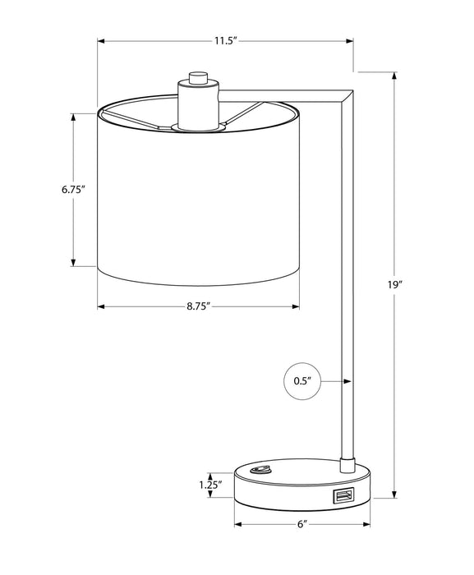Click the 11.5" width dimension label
pos(227,41)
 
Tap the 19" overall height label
pos(395,284)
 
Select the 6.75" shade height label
pos(73,190)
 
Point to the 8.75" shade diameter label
pos(199,306)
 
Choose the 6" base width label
pos(302,524)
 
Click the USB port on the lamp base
pos(343,496)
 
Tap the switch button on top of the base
pos(260,470)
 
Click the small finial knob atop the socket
pos(198,78)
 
